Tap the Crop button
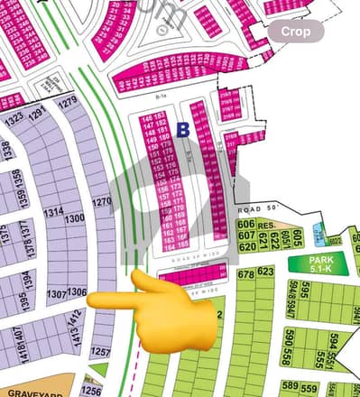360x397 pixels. click(x=295, y=32)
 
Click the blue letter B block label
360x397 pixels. click(x=182, y=130)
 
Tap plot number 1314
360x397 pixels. click(x=53, y=211)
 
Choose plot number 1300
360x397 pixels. click(x=74, y=218)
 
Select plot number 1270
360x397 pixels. click(x=102, y=202)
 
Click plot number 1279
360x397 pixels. click(x=68, y=102)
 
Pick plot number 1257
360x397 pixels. click(x=100, y=352)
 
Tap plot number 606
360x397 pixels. click(x=245, y=224)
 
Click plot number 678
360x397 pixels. click(x=245, y=272)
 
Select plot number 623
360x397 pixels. click(x=264, y=271)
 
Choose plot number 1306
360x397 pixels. click(x=77, y=292)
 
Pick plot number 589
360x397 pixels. click(x=289, y=387)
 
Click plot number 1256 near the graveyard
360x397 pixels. click(x=91, y=390)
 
